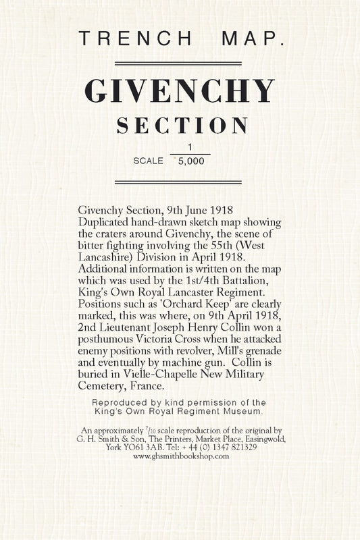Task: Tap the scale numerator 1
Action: tap(190, 147)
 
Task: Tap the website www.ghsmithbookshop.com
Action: tap(181, 456)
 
